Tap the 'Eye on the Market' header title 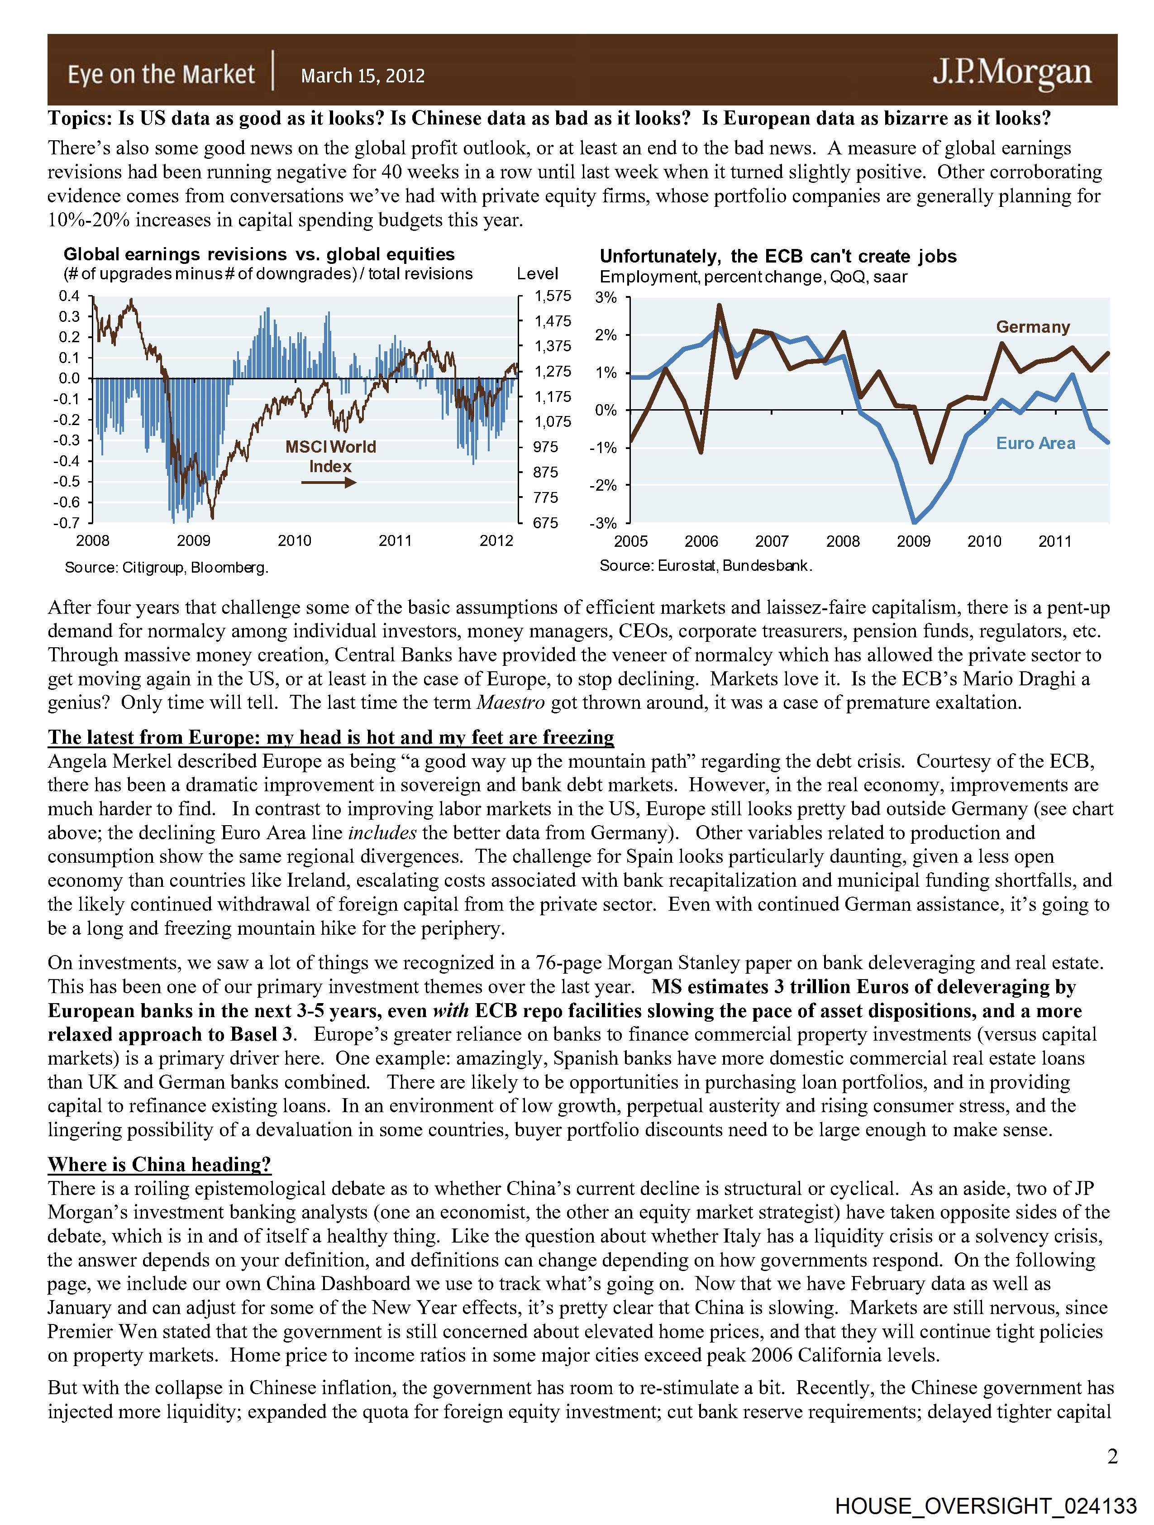point(161,74)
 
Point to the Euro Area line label point(1035,443)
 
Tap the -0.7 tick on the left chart point(67,522)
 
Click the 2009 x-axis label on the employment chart point(913,541)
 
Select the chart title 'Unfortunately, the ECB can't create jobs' point(777,257)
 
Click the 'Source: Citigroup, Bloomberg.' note point(166,567)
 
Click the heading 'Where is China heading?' point(159,1164)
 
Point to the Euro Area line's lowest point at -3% point(915,522)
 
